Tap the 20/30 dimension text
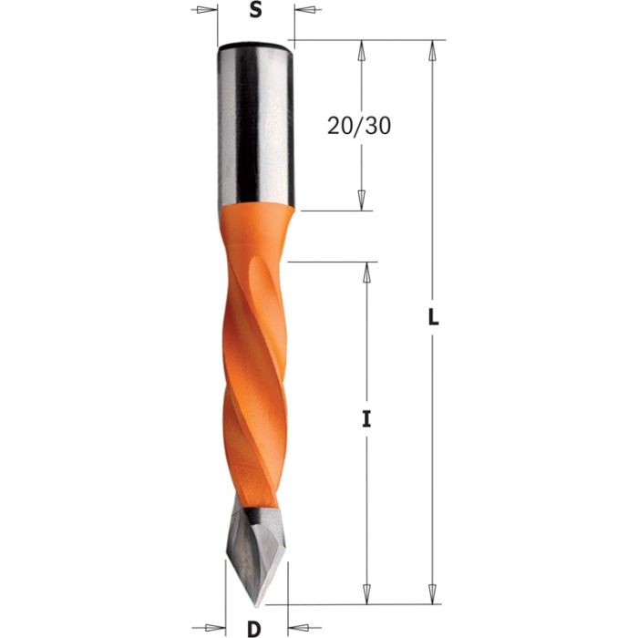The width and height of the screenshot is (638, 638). click(359, 126)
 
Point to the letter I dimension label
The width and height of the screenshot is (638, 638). click(367, 420)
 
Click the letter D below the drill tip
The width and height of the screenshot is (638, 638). click(255, 627)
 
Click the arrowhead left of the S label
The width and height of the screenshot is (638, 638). click(209, 11)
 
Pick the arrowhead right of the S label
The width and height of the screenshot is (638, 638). click(303, 11)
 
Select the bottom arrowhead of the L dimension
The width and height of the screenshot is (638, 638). click(433, 593)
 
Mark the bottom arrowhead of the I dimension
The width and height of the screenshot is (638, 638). click(367, 593)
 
